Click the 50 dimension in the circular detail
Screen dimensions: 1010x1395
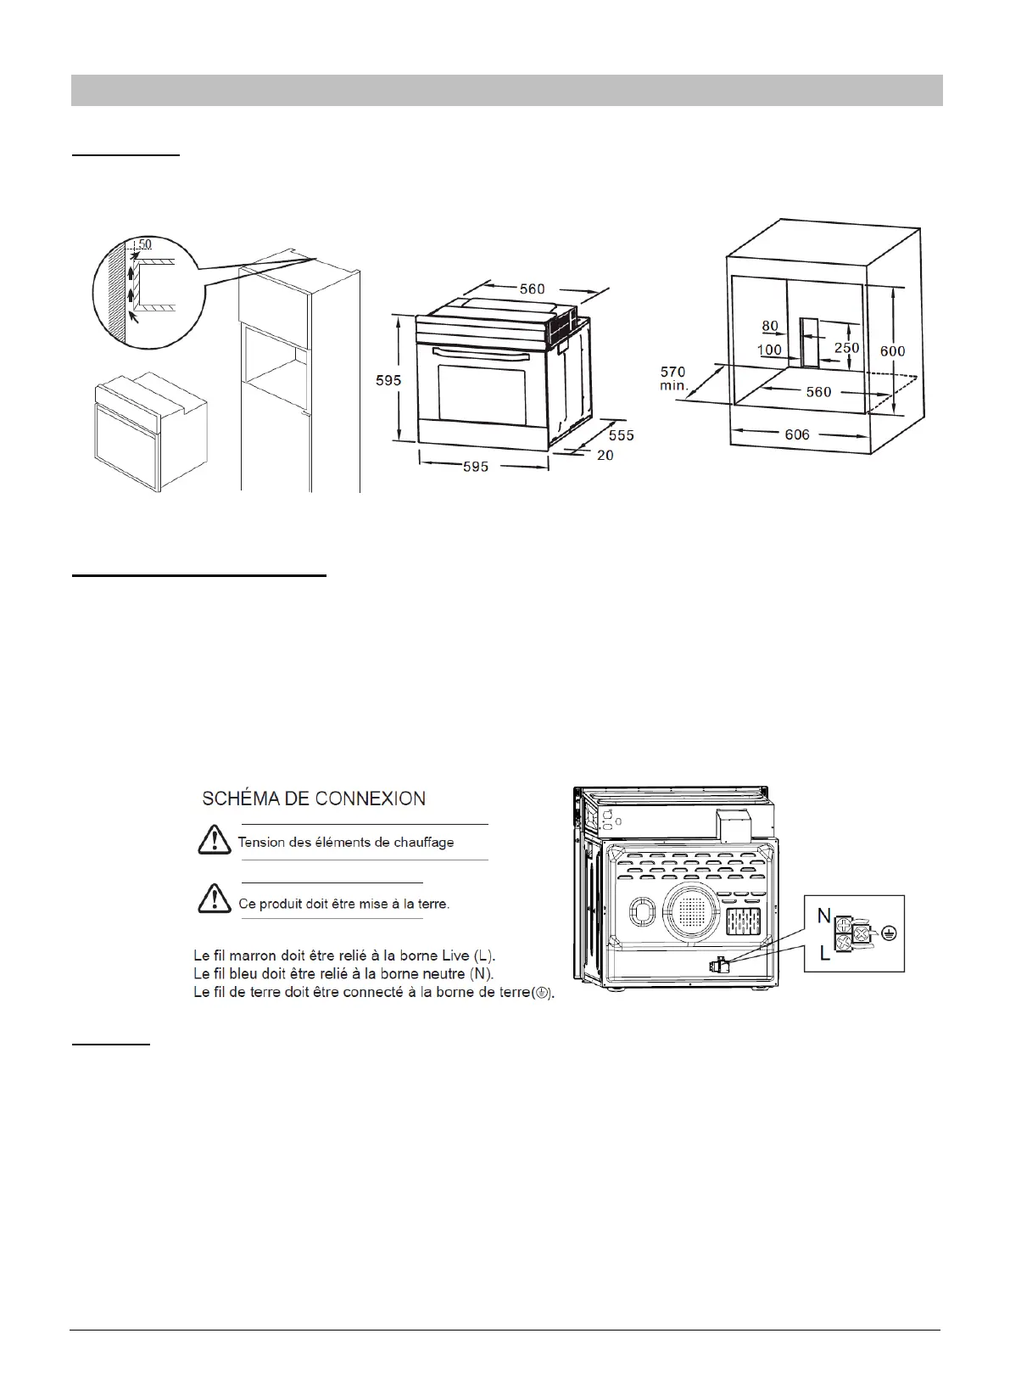click(145, 244)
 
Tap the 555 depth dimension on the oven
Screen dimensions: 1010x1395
click(621, 435)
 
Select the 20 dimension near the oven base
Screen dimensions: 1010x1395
click(605, 456)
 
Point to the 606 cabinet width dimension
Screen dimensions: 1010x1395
click(797, 434)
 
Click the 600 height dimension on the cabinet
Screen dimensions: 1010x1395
click(891, 350)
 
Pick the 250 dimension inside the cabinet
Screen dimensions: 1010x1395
click(846, 347)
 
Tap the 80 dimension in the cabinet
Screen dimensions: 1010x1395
click(770, 327)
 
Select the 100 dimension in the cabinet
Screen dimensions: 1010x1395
click(770, 350)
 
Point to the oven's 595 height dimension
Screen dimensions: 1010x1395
click(388, 380)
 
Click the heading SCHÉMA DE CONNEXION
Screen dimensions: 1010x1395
click(313, 798)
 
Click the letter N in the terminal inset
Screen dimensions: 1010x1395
click(823, 916)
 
